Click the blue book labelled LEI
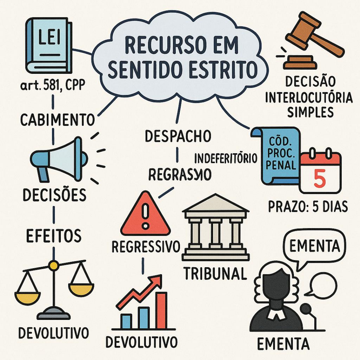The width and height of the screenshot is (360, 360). (49, 45)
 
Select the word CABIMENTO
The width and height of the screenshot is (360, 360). (57, 120)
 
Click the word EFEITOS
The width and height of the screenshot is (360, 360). (53, 235)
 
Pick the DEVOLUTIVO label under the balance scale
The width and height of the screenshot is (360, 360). (53, 332)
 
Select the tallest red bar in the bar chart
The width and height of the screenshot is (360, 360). (161, 311)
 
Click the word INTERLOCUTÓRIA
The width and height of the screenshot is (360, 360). (309, 98)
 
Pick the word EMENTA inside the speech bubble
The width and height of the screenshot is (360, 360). (314, 246)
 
